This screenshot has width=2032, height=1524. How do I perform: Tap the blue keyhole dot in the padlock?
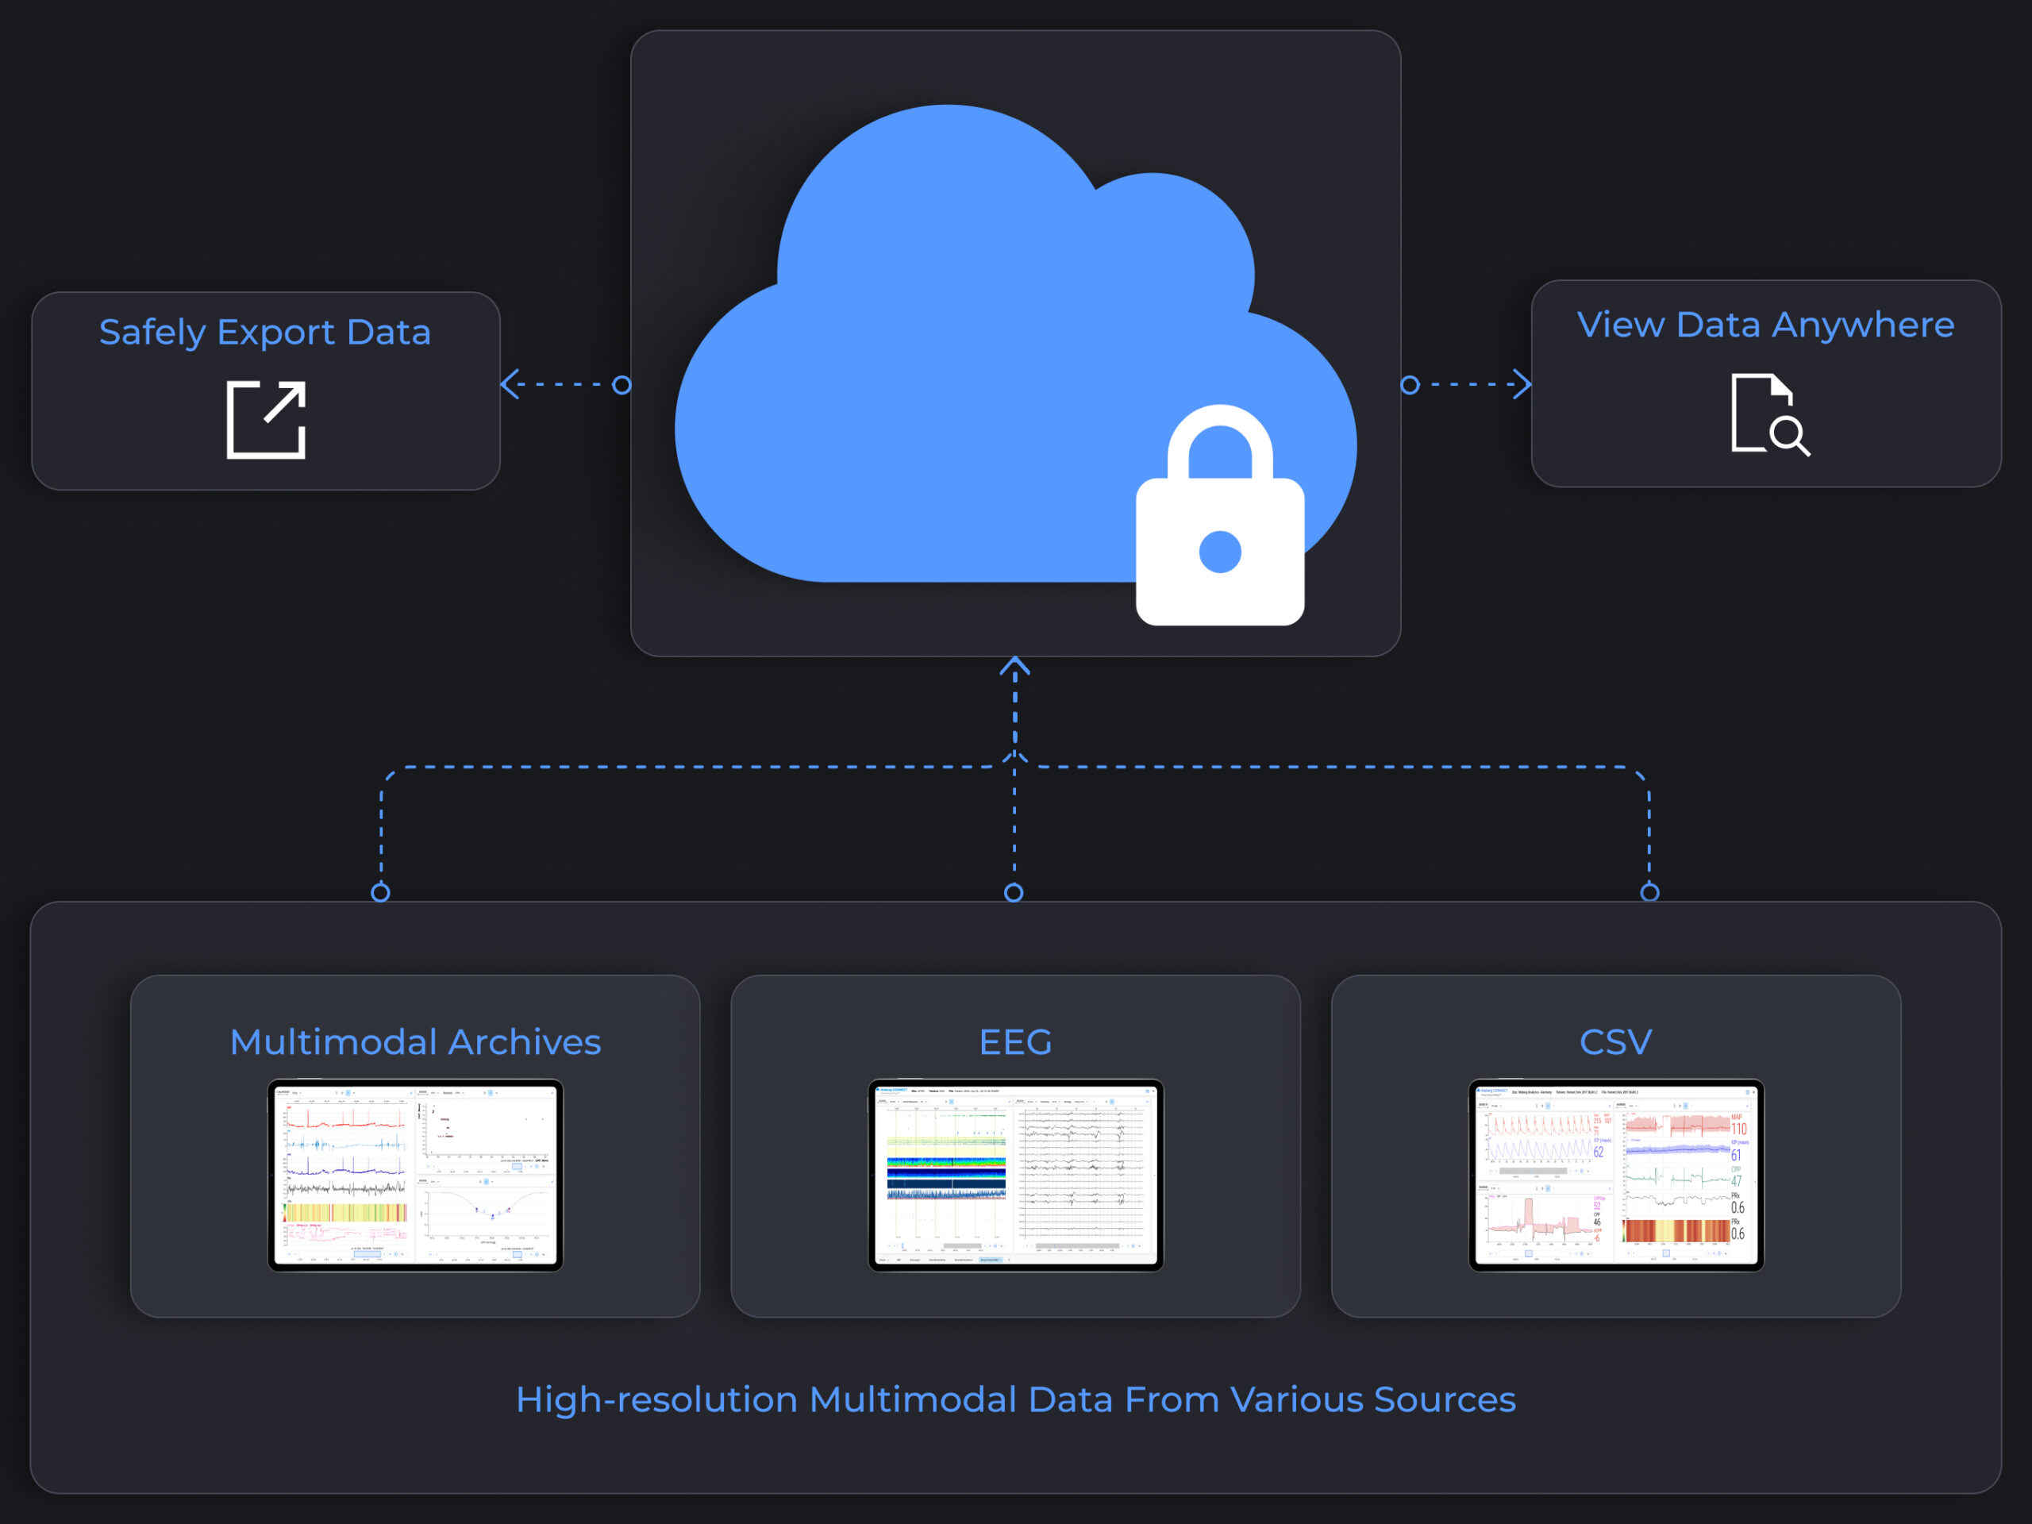point(1220,551)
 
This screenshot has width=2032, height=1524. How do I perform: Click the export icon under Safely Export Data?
point(267,419)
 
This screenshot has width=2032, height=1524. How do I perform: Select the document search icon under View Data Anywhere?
point(1769,414)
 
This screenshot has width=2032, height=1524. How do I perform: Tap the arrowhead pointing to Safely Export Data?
point(509,384)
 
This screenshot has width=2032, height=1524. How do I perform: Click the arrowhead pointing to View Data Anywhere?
point(1523,384)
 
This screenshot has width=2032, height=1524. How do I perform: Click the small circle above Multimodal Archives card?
point(380,892)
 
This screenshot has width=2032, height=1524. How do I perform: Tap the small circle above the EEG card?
point(1014,892)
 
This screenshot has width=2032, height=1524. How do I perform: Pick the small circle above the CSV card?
point(1650,892)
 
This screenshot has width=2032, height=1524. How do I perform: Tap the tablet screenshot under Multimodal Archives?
point(415,1175)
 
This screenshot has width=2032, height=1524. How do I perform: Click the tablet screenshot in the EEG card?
point(1015,1175)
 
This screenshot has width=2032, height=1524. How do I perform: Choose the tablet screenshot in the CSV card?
point(1616,1175)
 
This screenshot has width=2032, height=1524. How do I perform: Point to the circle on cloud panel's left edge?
point(622,384)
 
